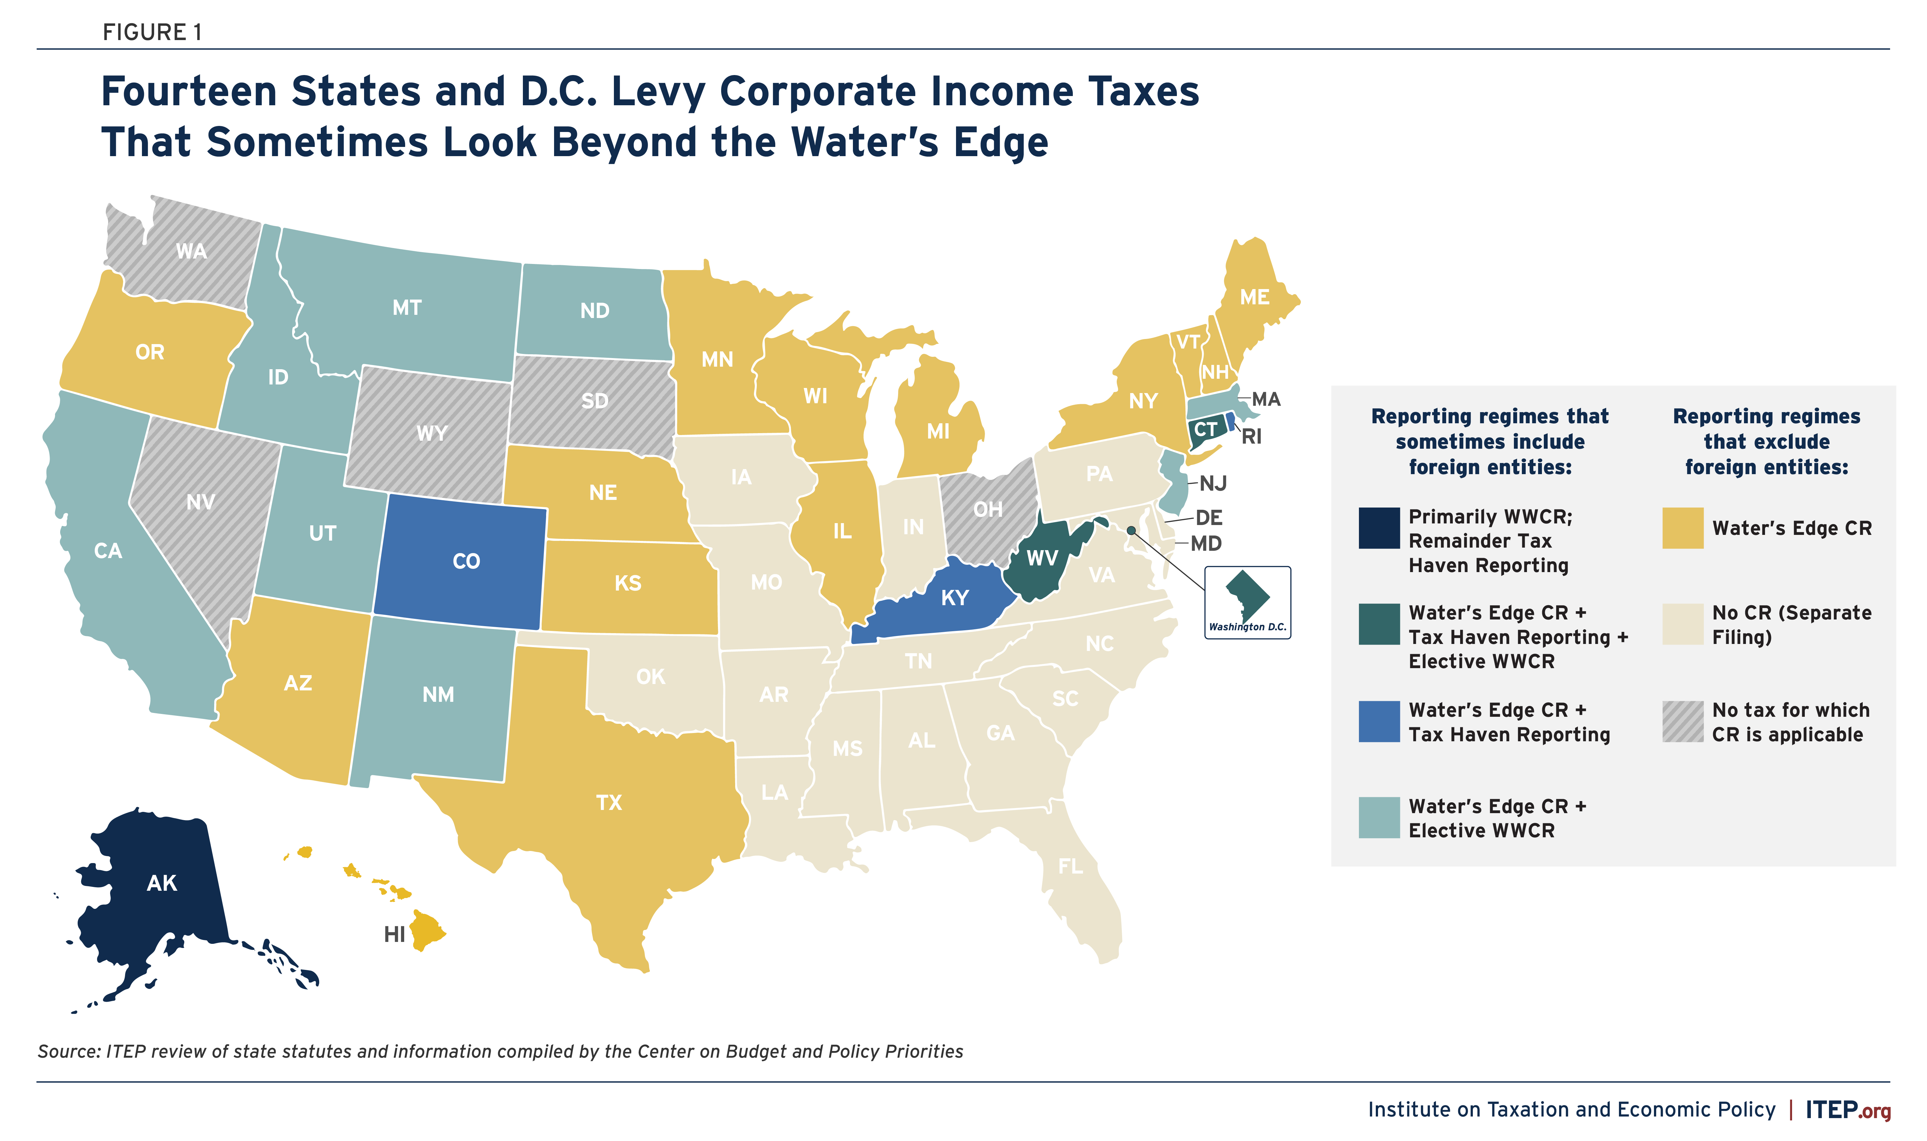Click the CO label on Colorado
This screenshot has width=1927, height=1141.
[466, 561]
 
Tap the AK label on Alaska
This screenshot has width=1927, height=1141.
[162, 883]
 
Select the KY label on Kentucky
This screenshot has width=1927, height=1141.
[955, 598]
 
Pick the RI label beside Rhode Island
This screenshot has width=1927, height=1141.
[1252, 437]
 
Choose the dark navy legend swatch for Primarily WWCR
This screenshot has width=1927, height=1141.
[1379, 528]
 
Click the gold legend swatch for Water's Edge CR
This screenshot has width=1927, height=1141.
[1682, 528]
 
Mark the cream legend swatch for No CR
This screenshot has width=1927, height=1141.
[1682, 624]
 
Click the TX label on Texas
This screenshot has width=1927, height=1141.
[608, 803]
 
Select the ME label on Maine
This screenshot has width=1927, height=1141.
[1254, 297]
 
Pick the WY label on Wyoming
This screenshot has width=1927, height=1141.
[432, 433]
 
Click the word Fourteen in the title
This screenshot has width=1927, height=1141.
[188, 92]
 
